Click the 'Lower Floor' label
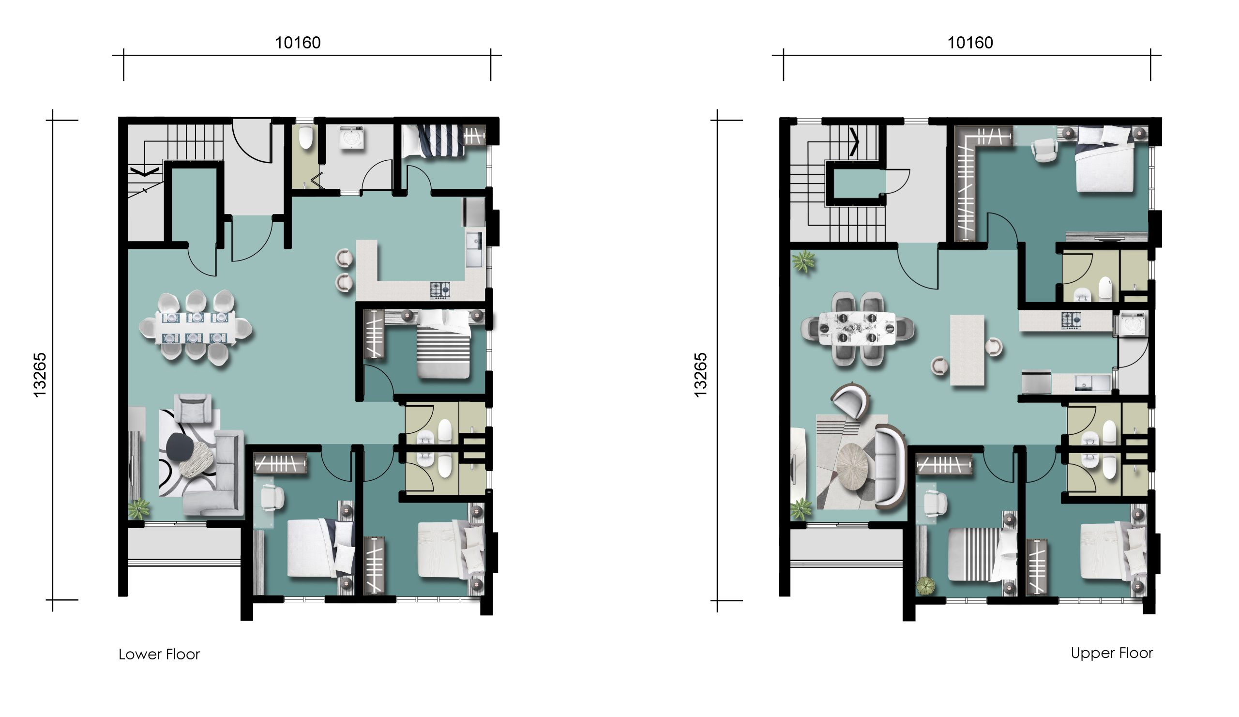coord(159,655)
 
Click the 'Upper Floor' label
coord(1112,653)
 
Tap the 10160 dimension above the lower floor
coord(298,43)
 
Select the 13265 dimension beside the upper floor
coord(700,375)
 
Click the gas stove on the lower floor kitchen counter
coord(439,290)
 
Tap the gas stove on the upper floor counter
coord(1071,320)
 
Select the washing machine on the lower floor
coord(351,137)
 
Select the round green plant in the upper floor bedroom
coord(925,585)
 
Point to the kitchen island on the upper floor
coord(967,350)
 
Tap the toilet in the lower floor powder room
coord(305,137)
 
